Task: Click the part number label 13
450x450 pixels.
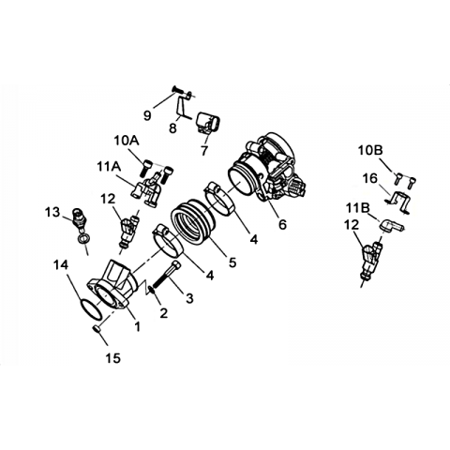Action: click(52, 213)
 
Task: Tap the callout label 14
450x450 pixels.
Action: click(61, 265)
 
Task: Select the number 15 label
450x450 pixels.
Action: click(112, 358)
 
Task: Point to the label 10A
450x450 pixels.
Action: click(127, 141)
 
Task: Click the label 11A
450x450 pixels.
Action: click(109, 167)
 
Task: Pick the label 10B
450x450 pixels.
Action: click(370, 151)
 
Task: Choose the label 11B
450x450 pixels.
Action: click(358, 208)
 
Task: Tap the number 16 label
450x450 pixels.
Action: click(370, 179)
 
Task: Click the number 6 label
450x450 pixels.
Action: click(282, 224)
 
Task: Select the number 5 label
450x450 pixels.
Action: click(232, 262)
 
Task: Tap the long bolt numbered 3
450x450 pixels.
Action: click(166, 276)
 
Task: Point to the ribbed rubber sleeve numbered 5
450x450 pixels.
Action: click(192, 223)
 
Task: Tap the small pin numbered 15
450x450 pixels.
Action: click(97, 329)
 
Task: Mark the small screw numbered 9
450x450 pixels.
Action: click(178, 90)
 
